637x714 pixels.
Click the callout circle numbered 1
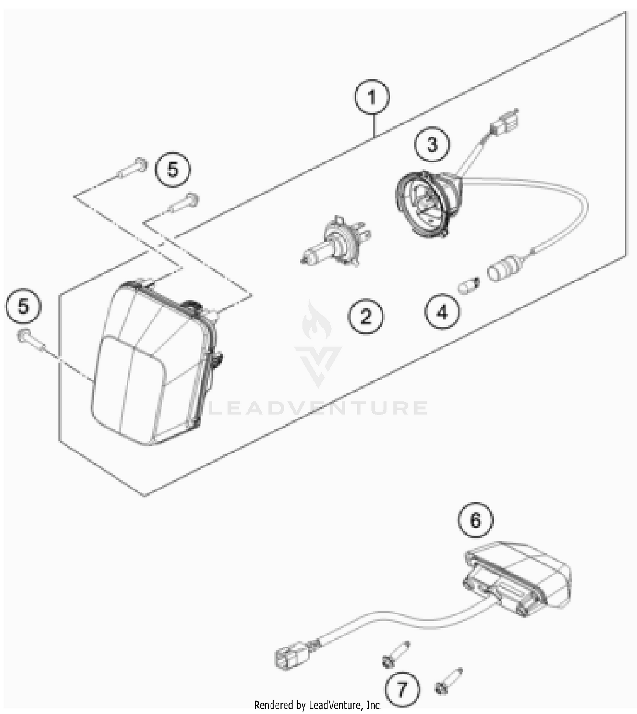[372, 97]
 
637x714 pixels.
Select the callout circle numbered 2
[366, 316]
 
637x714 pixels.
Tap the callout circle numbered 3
[432, 144]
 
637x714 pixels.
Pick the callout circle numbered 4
[442, 312]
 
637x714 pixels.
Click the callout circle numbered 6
[476, 520]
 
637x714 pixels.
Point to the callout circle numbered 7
[402, 689]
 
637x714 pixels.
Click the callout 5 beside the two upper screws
[172, 169]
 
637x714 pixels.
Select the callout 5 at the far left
[23, 306]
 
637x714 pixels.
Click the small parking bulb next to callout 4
[469, 285]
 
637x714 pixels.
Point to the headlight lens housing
[153, 365]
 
